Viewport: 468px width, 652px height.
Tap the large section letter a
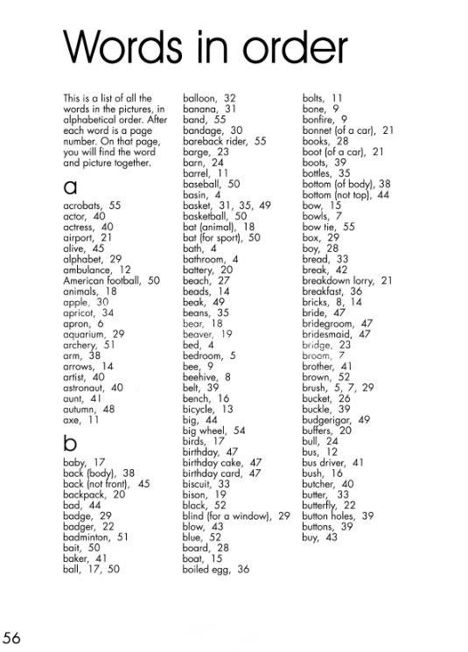[70, 187]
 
